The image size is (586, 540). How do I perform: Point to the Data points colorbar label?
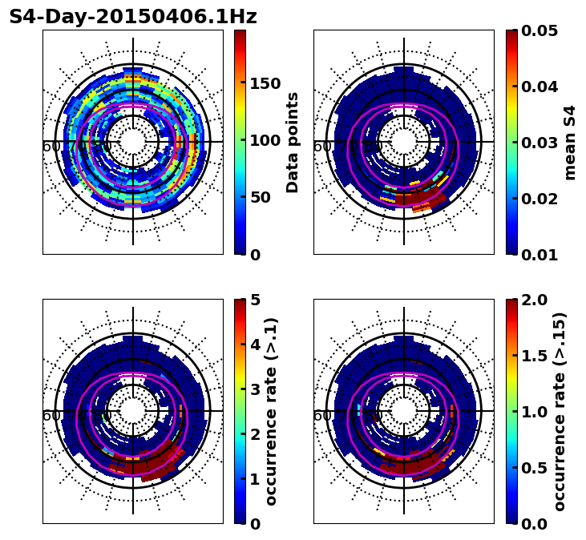293,142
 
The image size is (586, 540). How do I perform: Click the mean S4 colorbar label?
570,142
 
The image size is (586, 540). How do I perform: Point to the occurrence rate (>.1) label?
272,411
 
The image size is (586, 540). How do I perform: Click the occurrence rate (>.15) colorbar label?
560,411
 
